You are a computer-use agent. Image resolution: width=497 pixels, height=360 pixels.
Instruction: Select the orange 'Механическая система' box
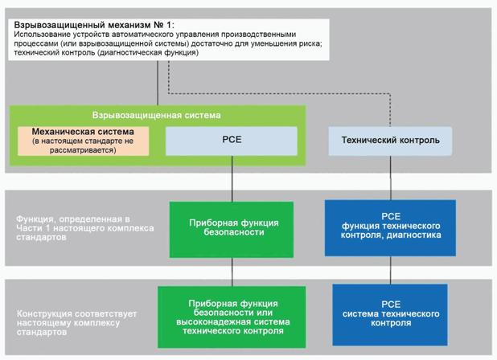click(x=83, y=141)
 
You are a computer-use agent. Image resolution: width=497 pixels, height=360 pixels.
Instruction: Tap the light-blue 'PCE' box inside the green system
click(x=232, y=141)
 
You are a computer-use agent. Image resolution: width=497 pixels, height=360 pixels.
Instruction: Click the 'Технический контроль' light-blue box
click(x=390, y=141)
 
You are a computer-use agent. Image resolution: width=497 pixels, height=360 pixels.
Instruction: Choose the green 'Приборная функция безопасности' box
click(x=232, y=228)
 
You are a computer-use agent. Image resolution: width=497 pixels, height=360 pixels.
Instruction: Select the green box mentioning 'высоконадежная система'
click(x=232, y=316)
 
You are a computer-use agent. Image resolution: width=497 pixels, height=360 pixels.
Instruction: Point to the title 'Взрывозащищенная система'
click(x=157, y=116)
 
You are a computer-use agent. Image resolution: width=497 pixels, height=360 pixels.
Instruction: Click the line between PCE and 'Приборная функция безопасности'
click(x=232, y=178)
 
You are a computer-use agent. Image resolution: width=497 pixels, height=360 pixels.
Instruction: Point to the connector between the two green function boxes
click(x=232, y=271)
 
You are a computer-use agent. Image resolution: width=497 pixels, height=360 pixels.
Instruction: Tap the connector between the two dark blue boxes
click(x=390, y=271)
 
